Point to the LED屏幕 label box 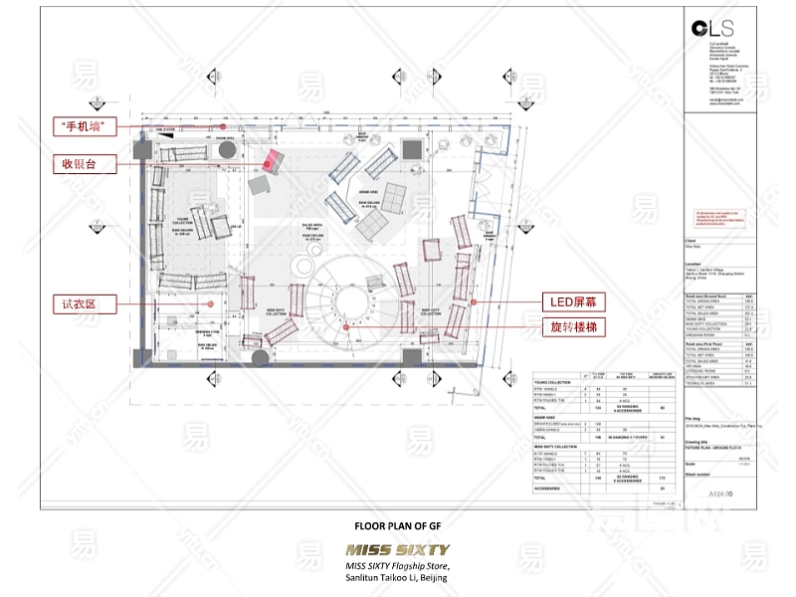click(x=574, y=300)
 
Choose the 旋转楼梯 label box click(x=574, y=325)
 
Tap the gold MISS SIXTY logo click(x=397, y=549)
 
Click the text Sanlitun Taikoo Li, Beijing click(x=397, y=578)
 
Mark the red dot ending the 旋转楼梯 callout click(x=345, y=325)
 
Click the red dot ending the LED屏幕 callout click(x=474, y=300)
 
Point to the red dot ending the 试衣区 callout click(x=212, y=303)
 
